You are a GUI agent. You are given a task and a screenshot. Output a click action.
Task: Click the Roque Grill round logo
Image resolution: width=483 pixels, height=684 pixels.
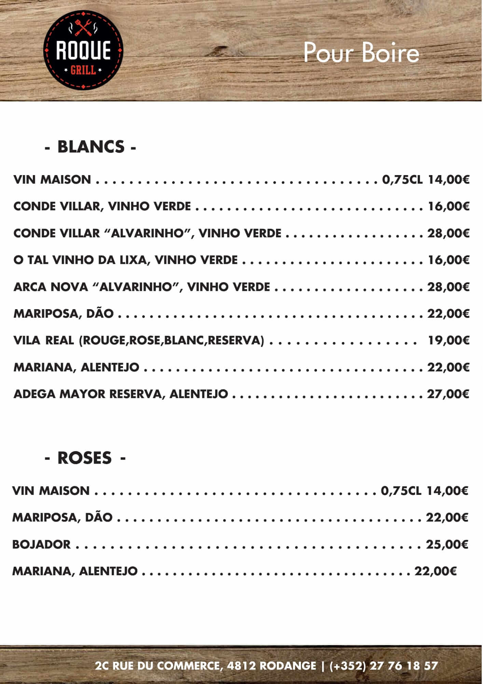[83, 50]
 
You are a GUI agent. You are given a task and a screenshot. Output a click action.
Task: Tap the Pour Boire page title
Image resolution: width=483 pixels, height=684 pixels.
[361, 53]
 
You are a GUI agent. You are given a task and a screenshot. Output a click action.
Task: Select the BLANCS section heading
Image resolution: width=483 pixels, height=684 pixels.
[91, 147]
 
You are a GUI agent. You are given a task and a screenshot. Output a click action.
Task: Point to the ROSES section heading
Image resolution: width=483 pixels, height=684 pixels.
[85, 458]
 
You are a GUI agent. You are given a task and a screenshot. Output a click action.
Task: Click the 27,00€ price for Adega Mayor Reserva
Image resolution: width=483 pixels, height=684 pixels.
[448, 394]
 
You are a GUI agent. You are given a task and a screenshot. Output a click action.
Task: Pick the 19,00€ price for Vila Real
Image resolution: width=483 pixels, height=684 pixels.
[449, 340]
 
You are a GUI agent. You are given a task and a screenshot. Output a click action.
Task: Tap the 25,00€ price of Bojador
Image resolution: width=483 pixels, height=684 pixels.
[447, 544]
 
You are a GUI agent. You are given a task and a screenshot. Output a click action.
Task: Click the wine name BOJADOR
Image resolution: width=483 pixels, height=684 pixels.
[41, 544]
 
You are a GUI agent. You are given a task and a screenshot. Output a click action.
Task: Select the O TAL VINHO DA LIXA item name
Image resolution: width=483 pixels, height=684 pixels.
[125, 260]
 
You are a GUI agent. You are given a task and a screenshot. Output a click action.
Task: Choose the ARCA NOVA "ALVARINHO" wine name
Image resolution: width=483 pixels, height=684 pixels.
[142, 287]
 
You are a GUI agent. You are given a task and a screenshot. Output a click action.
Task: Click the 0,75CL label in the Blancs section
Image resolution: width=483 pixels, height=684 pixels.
[402, 180]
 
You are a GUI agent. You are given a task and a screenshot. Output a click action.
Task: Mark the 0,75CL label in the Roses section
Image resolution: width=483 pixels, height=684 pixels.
[401, 491]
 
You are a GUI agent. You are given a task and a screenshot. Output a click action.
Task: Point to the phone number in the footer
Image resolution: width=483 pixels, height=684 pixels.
[384, 666]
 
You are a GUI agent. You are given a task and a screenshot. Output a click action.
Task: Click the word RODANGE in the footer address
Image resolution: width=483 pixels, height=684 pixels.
[288, 666]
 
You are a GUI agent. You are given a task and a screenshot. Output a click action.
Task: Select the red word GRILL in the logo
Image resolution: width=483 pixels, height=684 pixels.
[83, 70]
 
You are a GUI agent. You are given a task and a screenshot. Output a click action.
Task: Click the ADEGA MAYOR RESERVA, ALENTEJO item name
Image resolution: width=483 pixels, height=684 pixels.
[121, 394]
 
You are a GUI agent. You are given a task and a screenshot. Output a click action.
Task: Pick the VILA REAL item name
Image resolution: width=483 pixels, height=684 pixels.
[43, 340]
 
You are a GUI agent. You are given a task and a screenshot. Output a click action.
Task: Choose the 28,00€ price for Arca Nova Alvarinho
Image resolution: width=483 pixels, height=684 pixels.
[448, 287]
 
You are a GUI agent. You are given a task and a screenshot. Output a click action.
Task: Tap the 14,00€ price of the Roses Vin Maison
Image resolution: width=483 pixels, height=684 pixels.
[447, 491]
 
